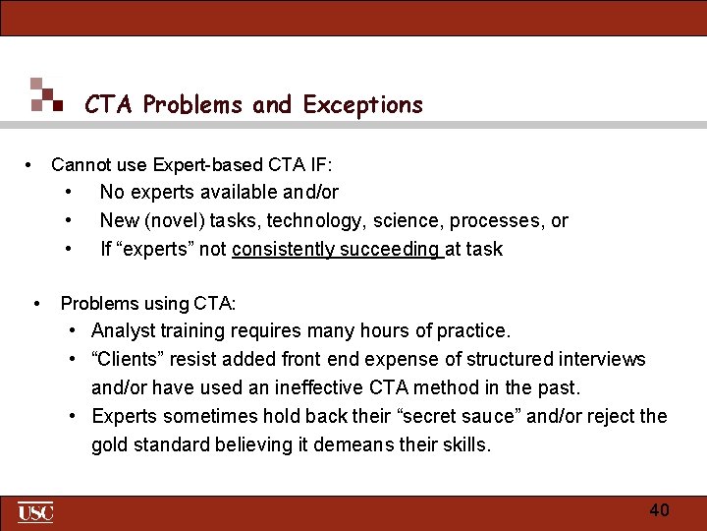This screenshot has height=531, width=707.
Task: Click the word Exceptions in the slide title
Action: coord(363,104)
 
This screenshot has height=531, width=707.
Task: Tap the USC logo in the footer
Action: coord(35,512)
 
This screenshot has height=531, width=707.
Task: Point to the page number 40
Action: coord(659,510)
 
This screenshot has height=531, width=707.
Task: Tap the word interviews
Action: coord(602,360)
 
